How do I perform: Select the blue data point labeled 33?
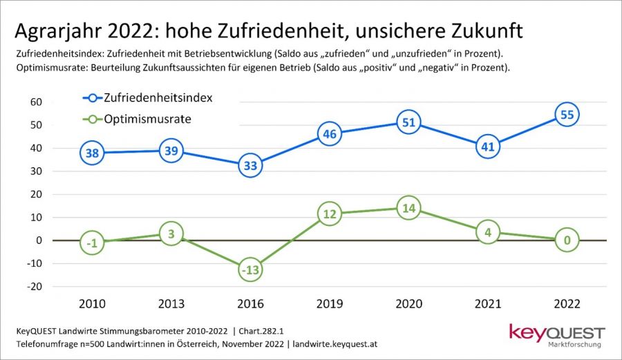(250, 165)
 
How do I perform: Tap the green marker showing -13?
(250, 270)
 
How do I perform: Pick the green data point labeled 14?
(408, 208)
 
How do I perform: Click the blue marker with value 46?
(329, 135)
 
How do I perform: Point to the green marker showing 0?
(567, 240)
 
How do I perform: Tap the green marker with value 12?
(329, 214)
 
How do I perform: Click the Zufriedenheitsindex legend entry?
(158, 97)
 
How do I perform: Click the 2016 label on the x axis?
(250, 303)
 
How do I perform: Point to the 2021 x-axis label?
(488, 303)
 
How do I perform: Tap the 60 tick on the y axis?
(36, 102)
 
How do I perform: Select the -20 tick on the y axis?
(35, 286)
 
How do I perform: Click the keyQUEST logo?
(556, 332)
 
